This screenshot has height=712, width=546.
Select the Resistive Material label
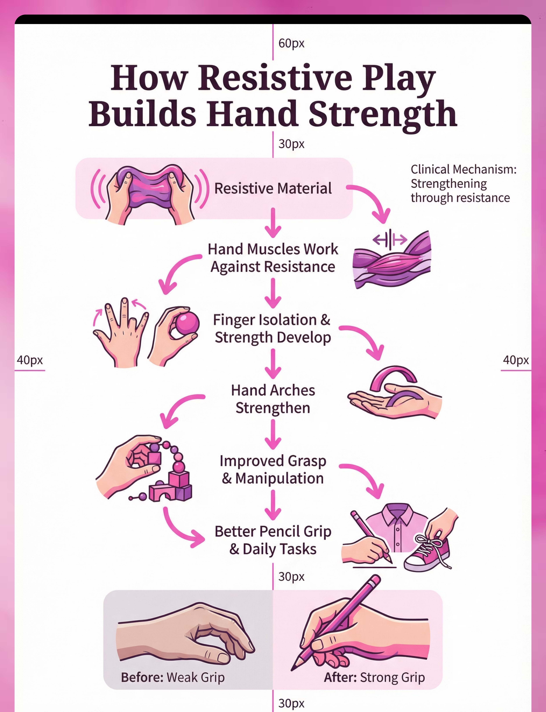point(273,189)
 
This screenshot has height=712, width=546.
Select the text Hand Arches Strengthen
point(273,399)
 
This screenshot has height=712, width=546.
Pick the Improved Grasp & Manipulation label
point(273,470)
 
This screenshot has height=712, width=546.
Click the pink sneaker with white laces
point(427,553)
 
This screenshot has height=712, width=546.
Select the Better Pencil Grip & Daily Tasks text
point(273,540)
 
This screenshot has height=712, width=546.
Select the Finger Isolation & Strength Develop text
point(272,328)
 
